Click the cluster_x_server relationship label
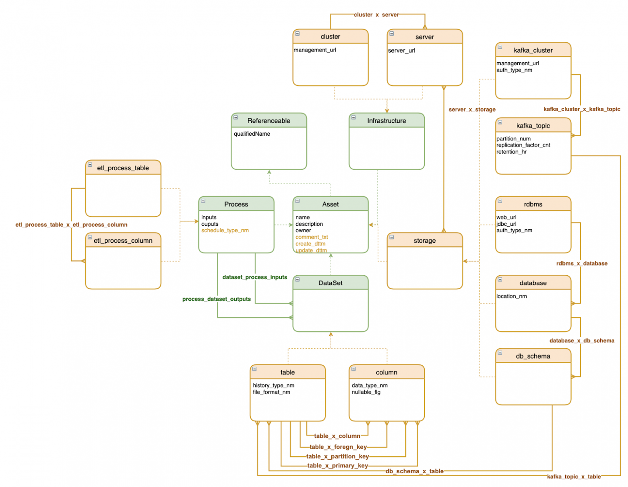(x=376, y=14)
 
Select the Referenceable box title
(x=269, y=120)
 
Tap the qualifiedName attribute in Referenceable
(x=252, y=134)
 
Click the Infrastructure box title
(x=386, y=120)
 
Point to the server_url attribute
(x=401, y=50)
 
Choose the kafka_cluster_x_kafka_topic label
(x=581, y=109)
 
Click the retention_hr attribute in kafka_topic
(x=511, y=151)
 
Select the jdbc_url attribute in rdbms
(x=506, y=223)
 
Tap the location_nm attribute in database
(x=511, y=296)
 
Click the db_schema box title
(x=533, y=356)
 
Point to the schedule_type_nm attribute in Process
(x=225, y=230)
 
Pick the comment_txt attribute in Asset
(x=312, y=237)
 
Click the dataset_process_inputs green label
(x=254, y=277)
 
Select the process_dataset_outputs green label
(x=216, y=299)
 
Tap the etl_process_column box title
(x=123, y=240)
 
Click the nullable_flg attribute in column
(x=366, y=392)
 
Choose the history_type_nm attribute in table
(x=273, y=385)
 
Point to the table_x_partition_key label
(x=337, y=456)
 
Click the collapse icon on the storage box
(x=391, y=237)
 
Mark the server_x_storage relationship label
(x=472, y=109)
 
